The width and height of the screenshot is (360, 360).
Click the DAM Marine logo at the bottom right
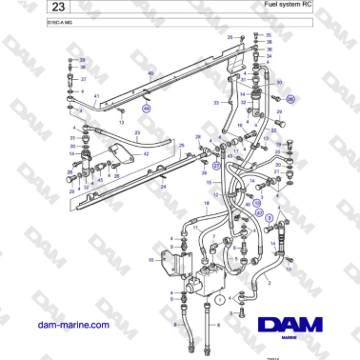pos(299,328)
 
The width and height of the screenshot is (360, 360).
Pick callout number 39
pos(82,60)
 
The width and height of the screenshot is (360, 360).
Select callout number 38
pos(82,68)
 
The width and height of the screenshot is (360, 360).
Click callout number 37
pos(82,80)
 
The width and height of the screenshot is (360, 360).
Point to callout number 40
pos(150,73)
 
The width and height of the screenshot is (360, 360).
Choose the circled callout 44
pos(146,110)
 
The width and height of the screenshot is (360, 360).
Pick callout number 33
pos(216,102)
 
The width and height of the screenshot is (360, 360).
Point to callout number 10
pos(150,259)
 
